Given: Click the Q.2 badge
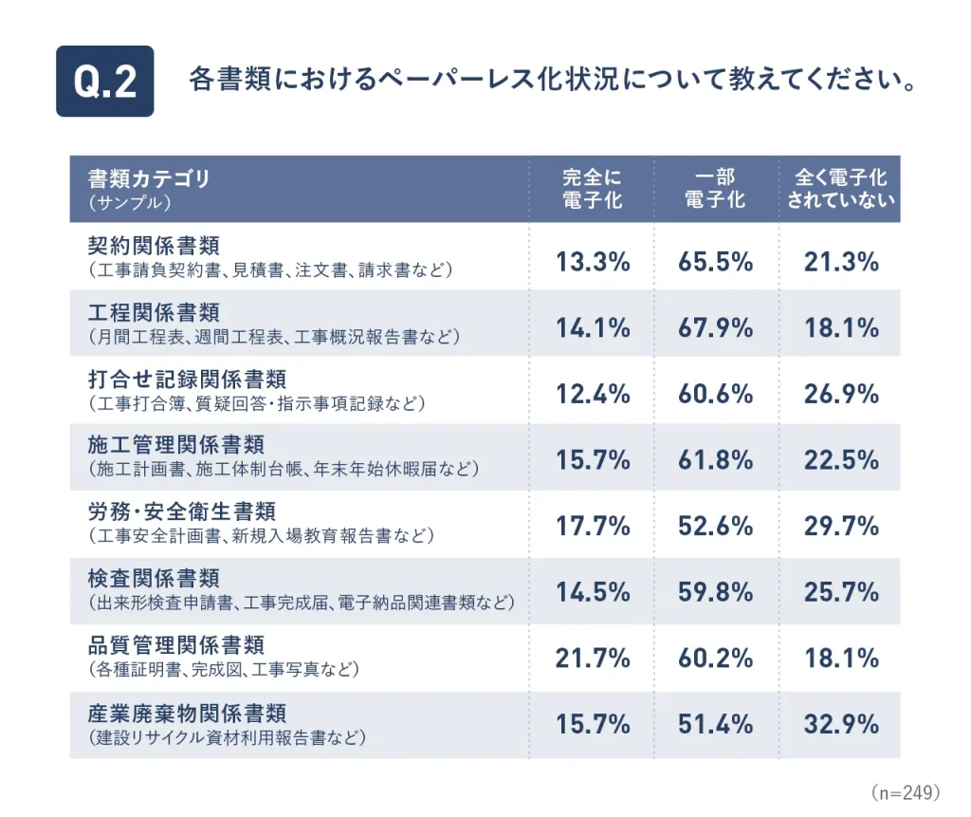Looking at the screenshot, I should pos(104,81).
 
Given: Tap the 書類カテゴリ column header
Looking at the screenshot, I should pos(149,178).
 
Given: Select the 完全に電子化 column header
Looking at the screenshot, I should pos(593,189).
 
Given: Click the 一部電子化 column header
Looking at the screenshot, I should pos(716,189).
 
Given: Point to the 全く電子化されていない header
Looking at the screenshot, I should pos(840,189).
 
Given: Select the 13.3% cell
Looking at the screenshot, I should pos(593,262).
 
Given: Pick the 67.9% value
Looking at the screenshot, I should pos(716,328).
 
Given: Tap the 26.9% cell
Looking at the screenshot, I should pos(841,394).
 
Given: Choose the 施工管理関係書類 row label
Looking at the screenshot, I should pos(175,445).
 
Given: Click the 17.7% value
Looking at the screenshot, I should pos(593,526).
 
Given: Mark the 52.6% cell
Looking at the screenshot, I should pos(716,526).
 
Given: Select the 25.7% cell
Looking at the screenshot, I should pos(841,592).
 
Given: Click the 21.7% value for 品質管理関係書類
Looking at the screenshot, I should pos(593,658).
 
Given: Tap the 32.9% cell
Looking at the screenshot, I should pos(841,724).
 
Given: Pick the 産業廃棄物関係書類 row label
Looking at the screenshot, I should pos(187,712).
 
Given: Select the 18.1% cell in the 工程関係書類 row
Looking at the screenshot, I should pos(841,328).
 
